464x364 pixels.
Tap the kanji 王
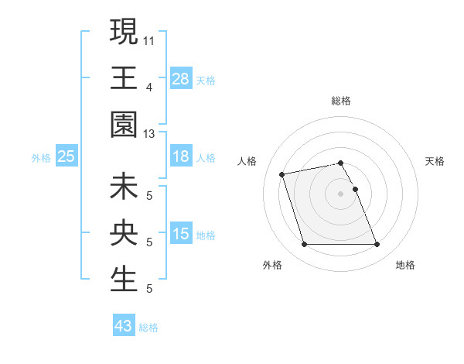(124, 77)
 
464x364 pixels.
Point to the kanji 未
(124, 187)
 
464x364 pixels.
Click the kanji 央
(124, 233)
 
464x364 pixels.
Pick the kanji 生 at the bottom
(124, 280)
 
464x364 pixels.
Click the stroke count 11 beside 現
(149, 39)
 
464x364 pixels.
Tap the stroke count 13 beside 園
(149, 134)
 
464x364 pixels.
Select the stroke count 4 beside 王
(149, 87)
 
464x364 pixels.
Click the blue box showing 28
(181, 78)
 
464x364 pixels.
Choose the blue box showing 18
(181, 156)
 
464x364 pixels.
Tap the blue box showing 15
(181, 234)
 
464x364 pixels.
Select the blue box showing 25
(67, 156)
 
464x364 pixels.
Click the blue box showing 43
(124, 326)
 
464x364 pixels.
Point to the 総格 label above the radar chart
(341, 101)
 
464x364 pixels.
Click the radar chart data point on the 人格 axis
(282, 173)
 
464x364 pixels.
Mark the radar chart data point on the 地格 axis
(377, 245)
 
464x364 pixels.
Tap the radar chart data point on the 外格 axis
(304, 245)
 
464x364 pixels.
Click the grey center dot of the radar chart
(340, 193)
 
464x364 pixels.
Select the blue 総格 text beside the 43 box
(148, 328)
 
